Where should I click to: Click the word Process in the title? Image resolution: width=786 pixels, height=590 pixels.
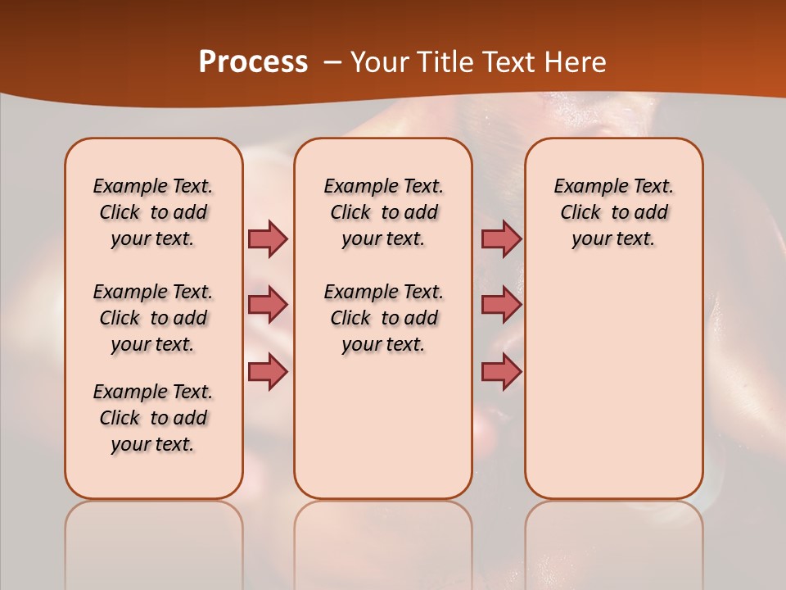pyautogui.click(x=253, y=62)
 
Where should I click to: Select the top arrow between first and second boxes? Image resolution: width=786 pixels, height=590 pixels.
pyautogui.click(x=268, y=238)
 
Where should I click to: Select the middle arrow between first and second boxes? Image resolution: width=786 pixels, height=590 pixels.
pyautogui.click(x=268, y=305)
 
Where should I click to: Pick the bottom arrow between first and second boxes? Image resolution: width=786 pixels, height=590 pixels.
pyautogui.click(x=268, y=371)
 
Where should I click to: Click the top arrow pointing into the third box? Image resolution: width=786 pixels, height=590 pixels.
pyautogui.click(x=501, y=238)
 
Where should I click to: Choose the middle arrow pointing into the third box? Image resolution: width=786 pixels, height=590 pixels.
pyautogui.click(x=501, y=305)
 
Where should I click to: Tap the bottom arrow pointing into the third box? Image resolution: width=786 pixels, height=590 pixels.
pyautogui.click(x=501, y=371)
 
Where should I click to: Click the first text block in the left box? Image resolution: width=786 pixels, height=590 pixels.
pyautogui.click(x=153, y=212)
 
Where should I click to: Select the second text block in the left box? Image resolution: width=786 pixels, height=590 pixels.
pyautogui.click(x=153, y=318)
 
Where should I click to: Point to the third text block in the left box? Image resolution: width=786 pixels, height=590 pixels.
pyautogui.click(x=153, y=418)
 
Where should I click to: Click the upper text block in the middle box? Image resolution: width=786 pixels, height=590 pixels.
pyautogui.click(x=384, y=212)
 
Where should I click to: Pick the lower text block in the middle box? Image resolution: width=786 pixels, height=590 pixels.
pyautogui.click(x=384, y=318)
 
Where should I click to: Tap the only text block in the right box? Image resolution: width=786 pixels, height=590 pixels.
pyautogui.click(x=614, y=212)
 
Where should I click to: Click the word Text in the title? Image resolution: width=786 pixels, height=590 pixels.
pyautogui.click(x=510, y=62)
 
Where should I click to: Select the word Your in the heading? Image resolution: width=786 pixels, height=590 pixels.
pyautogui.click(x=380, y=62)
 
